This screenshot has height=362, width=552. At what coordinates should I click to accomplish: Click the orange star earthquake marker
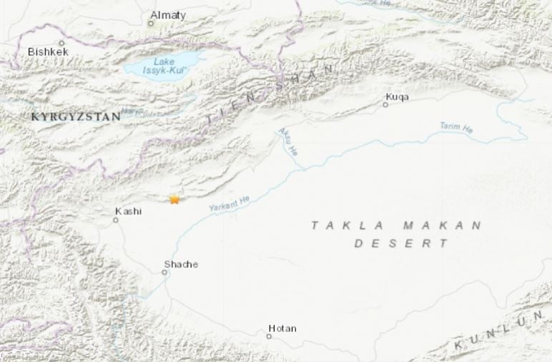tap(174, 200)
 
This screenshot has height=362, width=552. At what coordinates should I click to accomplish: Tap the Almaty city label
tap(169, 15)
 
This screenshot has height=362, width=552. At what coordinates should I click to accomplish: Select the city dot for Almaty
tap(151, 24)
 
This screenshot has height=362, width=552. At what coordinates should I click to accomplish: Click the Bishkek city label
tap(47, 52)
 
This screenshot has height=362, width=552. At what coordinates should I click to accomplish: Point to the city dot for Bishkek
tap(61, 43)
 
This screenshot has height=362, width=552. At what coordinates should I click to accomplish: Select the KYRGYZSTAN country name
tap(75, 116)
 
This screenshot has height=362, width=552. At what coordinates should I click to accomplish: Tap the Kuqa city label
tap(397, 96)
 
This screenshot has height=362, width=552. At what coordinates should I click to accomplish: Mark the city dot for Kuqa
tap(385, 105)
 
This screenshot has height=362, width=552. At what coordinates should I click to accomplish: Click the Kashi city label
tap(129, 211)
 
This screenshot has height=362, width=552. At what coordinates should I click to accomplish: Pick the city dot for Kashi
tap(115, 220)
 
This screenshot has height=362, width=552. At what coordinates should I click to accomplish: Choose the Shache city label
tap(180, 264)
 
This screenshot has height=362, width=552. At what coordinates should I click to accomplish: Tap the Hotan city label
tap(282, 328)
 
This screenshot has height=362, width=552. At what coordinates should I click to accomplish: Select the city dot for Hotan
tap(270, 336)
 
